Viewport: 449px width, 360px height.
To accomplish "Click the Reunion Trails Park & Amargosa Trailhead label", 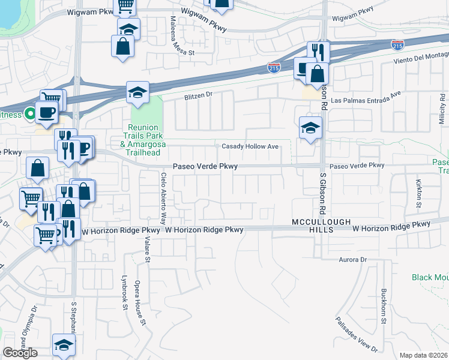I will coord(143,140).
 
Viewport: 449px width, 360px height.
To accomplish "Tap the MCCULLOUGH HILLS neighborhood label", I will coord(321,226).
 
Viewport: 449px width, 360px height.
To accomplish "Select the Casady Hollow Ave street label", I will coord(250,146).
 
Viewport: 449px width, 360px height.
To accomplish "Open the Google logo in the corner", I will coord(20,353).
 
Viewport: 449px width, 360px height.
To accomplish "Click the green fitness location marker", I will coord(29,114).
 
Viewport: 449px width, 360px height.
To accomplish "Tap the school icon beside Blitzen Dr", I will coord(137,93).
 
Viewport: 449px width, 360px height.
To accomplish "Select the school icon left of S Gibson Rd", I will coord(310,127).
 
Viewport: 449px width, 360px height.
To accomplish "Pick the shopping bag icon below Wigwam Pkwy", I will coord(122,46).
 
